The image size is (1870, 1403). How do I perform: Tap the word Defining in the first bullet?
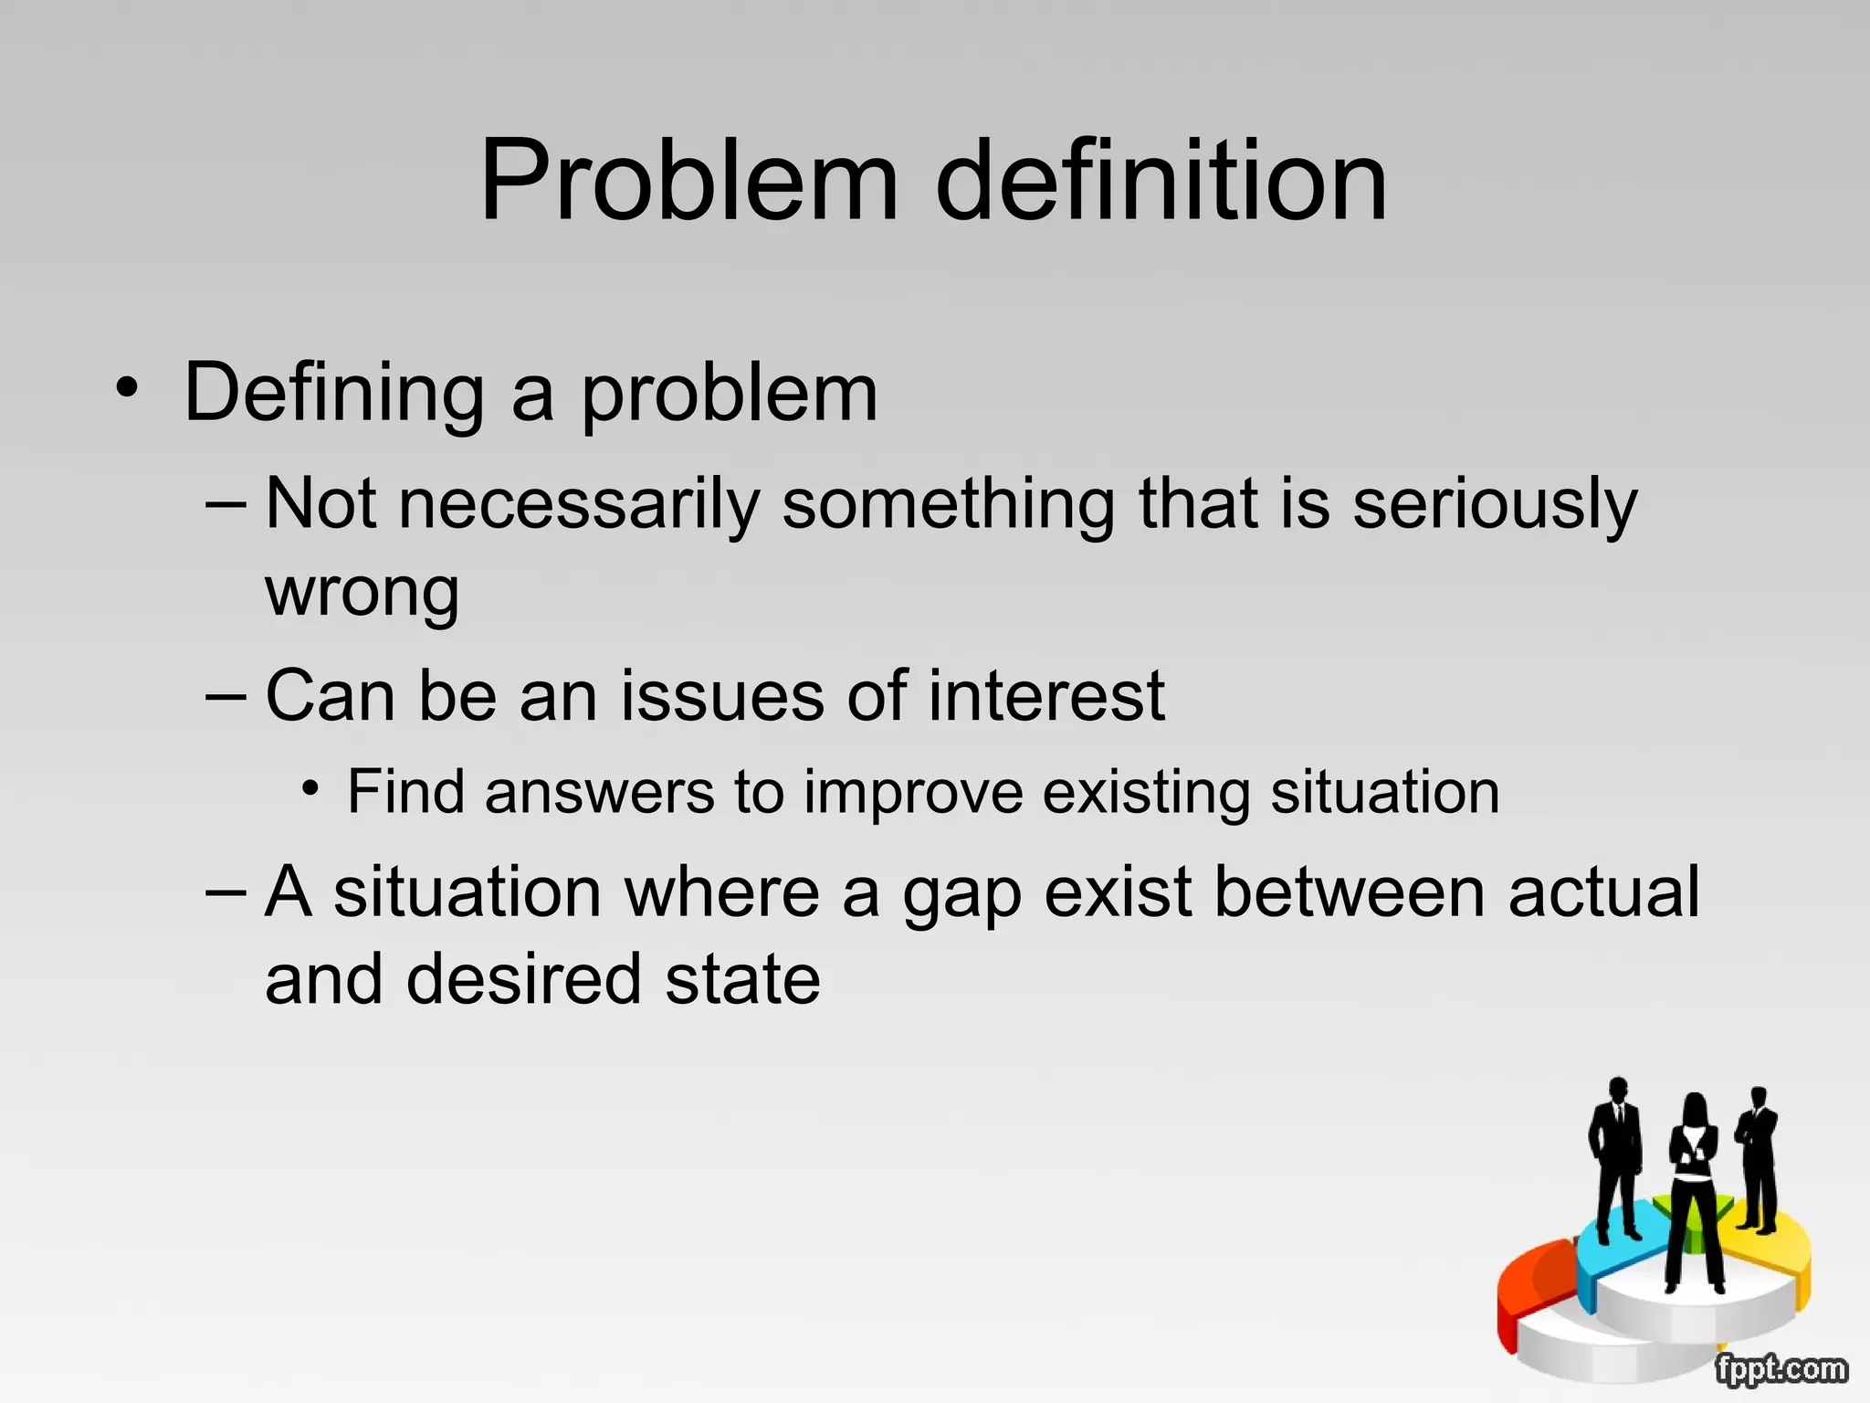(334, 393)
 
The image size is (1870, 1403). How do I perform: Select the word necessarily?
(579, 504)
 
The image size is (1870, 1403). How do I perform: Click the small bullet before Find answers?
(312, 787)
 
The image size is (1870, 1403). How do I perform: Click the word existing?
(1146, 793)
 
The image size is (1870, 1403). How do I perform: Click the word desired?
(523, 979)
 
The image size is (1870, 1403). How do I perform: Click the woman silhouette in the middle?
(1695, 1187)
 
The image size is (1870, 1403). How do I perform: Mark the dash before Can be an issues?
(226, 696)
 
